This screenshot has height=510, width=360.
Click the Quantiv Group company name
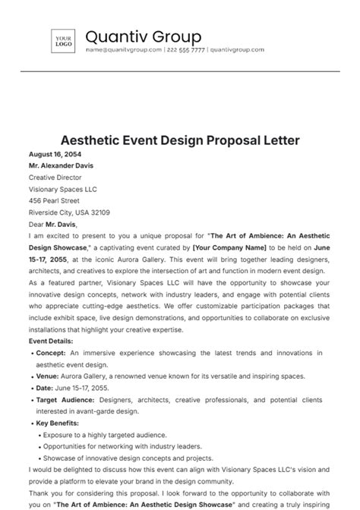[143, 36]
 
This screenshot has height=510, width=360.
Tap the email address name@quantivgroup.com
[124, 50]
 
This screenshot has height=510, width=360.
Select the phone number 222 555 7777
[185, 50]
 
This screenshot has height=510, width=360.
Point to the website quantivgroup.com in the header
[237, 50]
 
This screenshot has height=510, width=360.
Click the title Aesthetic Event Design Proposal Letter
[180, 140]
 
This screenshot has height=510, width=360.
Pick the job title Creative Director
[55, 178]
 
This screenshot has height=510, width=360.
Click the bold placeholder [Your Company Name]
[229, 247]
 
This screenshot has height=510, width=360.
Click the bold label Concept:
[52, 353]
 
